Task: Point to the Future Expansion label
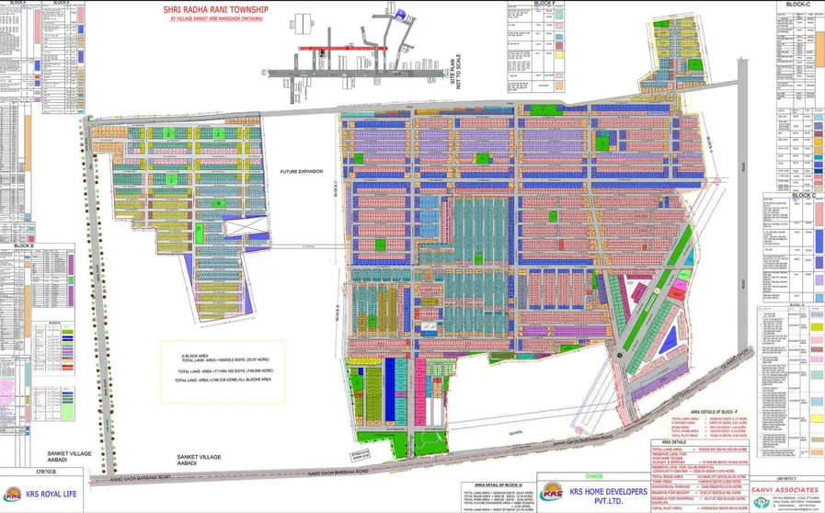pos(304,172)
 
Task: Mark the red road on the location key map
pos(329,47)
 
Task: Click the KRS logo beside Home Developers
pos(554,492)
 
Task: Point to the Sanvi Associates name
pos(787,491)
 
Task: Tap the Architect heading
pos(787,477)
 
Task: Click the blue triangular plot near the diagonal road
pos(678,328)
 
